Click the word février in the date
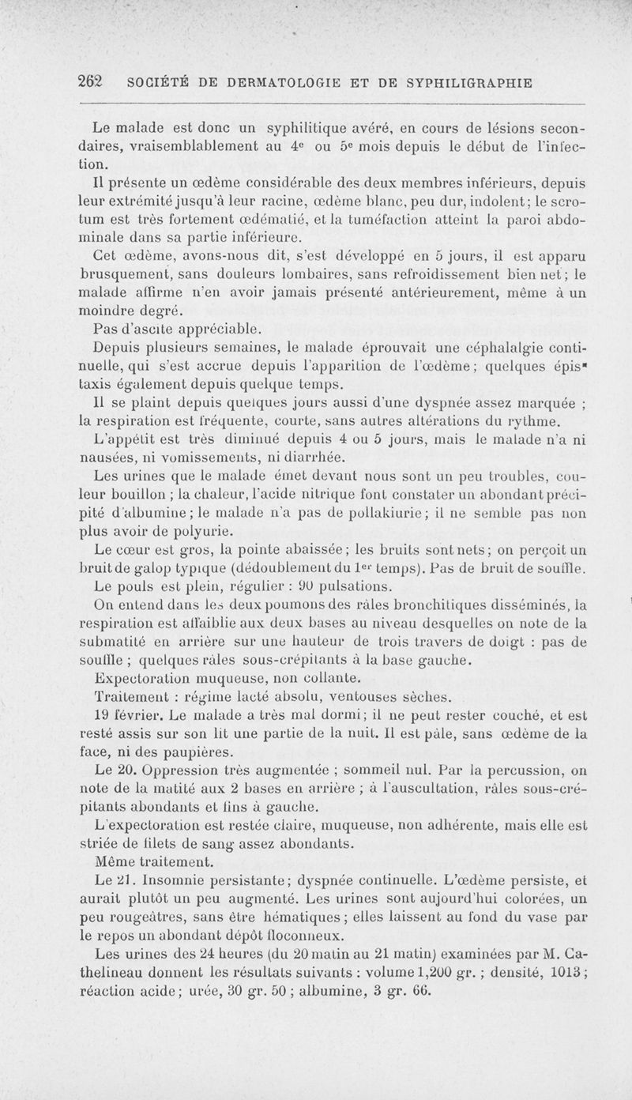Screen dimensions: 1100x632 coord(141,714)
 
